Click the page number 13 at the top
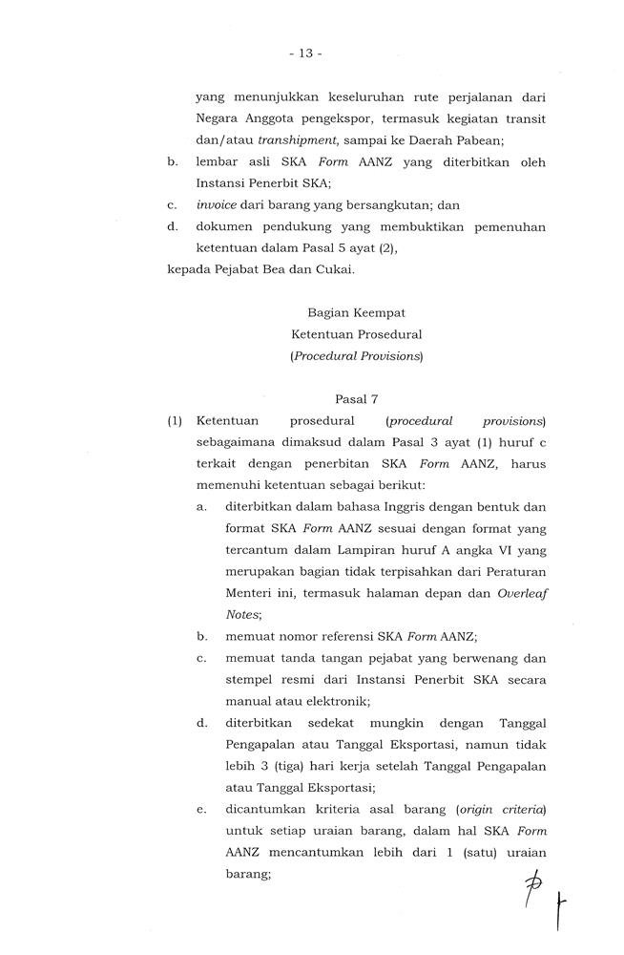click(305, 53)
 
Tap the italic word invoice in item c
click(216, 204)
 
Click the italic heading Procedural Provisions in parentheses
click(357, 356)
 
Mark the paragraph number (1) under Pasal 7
click(175, 421)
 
